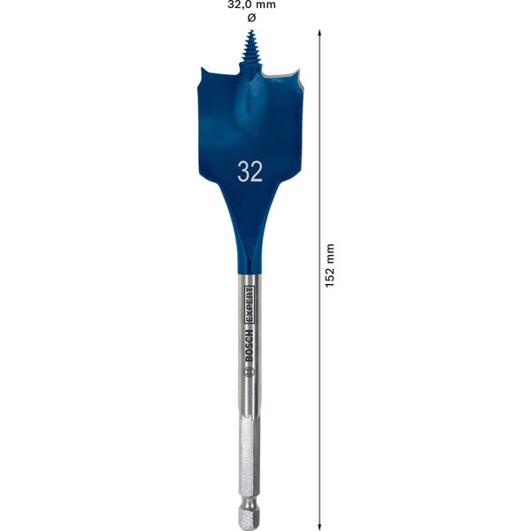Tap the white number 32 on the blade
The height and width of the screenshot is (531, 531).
(x=250, y=172)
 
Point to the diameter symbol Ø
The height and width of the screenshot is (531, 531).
(x=252, y=18)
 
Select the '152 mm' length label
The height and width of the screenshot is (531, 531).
(x=329, y=265)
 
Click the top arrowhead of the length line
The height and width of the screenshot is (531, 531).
(x=318, y=33)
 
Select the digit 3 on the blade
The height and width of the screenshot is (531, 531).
(x=243, y=172)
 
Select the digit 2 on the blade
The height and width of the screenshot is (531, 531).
(x=257, y=172)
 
